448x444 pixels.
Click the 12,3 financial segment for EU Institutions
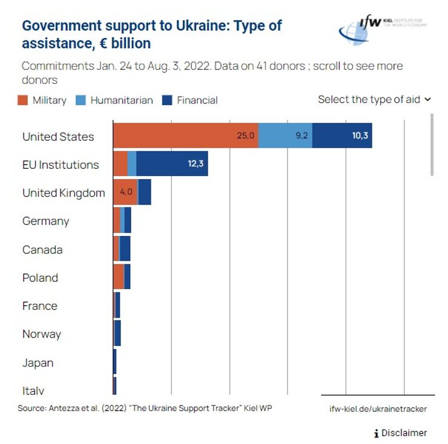172,164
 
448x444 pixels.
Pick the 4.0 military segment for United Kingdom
125,192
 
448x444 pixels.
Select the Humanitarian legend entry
114,100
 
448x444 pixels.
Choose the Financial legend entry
190,100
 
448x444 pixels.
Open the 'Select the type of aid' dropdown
374,99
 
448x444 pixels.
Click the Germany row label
46,221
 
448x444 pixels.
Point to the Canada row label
42,250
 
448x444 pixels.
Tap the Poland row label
40,278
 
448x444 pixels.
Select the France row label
40,306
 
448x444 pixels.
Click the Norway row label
42,335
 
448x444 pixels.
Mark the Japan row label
38,363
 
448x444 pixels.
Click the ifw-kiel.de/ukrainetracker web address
378,409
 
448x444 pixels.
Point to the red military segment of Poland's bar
118,277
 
